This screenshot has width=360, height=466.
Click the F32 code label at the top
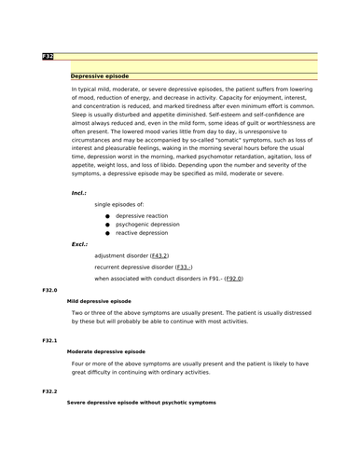(x=48, y=57)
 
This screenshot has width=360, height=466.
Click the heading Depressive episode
(x=100, y=75)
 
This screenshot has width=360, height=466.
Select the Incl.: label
(x=79, y=193)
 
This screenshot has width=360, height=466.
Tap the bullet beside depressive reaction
(x=108, y=216)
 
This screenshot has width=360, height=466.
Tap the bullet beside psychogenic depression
(x=108, y=225)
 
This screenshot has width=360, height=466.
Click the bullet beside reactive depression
(x=108, y=234)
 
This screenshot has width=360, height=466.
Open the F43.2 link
(x=159, y=255)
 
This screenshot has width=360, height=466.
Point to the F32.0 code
(x=49, y=292)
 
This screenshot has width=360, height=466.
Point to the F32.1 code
(x=49, y=341)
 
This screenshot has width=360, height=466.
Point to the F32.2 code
(x=49, y=391)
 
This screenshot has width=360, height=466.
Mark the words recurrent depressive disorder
(x=133, y=267)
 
